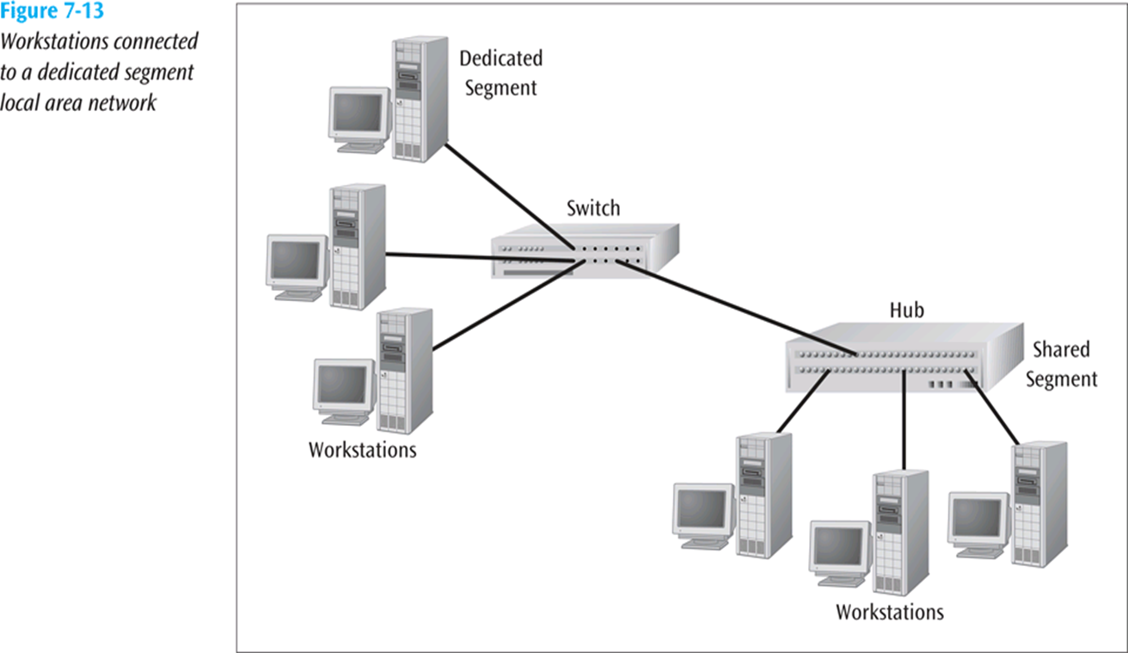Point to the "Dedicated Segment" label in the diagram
500,73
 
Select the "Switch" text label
593,208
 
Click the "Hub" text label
907,310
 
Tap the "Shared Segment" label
1061,363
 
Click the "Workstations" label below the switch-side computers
362,450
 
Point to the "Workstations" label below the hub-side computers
890,612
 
